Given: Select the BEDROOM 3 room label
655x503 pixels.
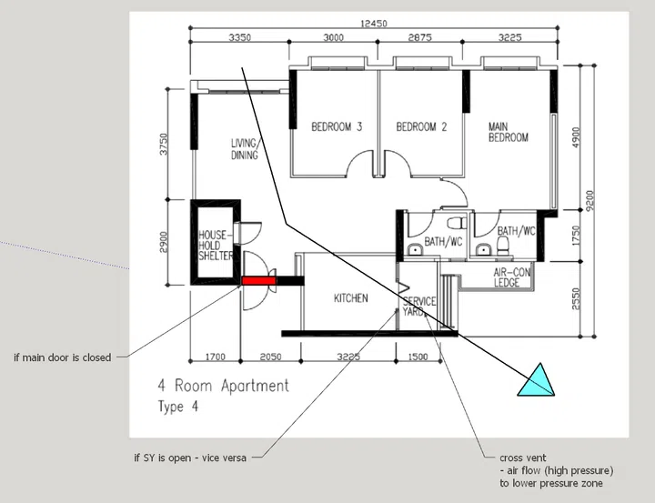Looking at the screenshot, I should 337,126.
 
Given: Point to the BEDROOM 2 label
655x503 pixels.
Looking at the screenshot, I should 421,126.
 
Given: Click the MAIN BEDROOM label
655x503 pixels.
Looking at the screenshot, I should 508,132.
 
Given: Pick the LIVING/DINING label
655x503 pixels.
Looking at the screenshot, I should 245,149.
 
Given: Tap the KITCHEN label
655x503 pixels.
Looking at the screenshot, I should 350,298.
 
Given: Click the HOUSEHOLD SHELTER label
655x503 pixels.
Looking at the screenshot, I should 216,246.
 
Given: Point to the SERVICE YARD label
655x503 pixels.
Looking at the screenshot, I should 419,307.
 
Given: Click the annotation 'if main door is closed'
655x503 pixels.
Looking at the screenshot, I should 63,357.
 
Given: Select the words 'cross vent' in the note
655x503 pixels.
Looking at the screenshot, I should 522,458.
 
